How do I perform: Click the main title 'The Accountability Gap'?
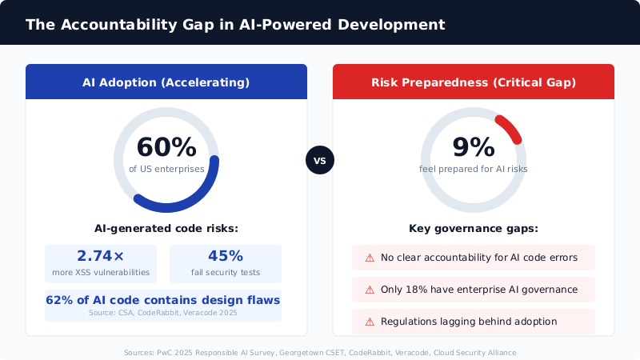[234, 25]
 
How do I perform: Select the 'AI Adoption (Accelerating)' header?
[166, 82]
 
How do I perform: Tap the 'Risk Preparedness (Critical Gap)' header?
[474, 82]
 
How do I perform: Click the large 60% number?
[166, 148]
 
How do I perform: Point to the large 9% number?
[474, 148]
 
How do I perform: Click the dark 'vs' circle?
[320, 160]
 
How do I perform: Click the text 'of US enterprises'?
[166, 169]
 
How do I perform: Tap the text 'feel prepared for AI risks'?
[474, 169]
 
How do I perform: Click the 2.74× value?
[101, 256]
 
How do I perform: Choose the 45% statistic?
[226, 256]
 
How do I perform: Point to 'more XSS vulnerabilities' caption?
[101, 273]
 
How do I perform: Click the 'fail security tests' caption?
[226, 273]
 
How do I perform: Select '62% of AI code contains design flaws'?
[163, 301]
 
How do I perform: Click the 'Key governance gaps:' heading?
[474, 229]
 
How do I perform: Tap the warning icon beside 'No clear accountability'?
[370, 258]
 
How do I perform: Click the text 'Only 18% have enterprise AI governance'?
[479, 290]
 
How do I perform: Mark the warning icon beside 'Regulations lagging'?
[370, 322]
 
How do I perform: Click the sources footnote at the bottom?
[320, 352]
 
